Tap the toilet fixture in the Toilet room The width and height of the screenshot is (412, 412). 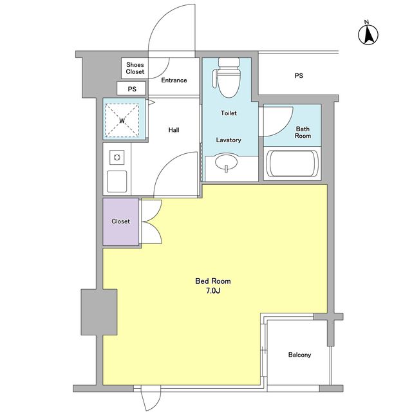(x=228, y=77)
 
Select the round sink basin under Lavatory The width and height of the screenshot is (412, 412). (x=226, y=162)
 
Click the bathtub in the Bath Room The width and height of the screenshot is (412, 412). (x=292, y=164)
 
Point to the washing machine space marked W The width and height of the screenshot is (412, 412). (x=122, y=120)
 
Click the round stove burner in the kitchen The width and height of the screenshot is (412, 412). (x=117, y=157)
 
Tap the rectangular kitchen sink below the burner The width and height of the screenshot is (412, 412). (x=117, y=182)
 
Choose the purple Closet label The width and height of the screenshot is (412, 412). (x=120, y=221)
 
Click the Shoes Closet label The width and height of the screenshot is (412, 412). (x=135, y=68)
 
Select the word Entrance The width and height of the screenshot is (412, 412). (x=174, y=80)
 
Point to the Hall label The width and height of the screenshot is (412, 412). (x=174, y=130)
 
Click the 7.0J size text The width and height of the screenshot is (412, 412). (x=213, y=291)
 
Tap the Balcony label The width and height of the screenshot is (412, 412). (x=299, y=355)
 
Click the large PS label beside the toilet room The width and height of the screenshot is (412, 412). (x=299, y=76)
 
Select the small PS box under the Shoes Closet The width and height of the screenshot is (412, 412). (x=131, y=89)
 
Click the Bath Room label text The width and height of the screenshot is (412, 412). (x=303, y=132)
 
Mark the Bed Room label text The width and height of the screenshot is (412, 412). (x=213, y=281)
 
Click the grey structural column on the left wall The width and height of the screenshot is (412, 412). (x=99, y=312)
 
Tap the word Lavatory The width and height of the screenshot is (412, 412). (x=229, y=140)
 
